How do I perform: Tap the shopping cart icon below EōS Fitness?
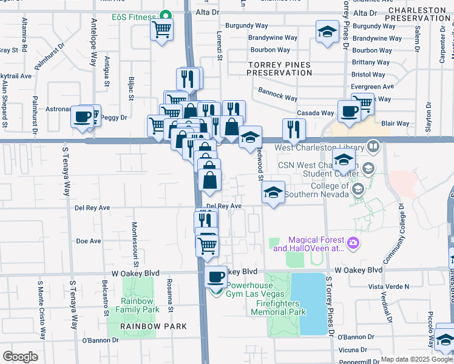pyautogui.click(x=161, y=29)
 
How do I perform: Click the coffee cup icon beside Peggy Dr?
pyautogui.click(x=83, y=116)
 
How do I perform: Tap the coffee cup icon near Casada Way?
pyautogui.click(x=349, y=112)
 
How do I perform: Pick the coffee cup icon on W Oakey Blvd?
pyautogui.click(x=215, y=277)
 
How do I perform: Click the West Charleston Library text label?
pyautogui.click(x=319, y=147)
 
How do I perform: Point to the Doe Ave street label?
pyautogui.click(x=89, y=241)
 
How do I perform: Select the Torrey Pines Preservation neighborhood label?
pyautogui.click(x=279, y=69)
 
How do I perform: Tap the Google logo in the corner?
pyautogui.click(x=20, y=356)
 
